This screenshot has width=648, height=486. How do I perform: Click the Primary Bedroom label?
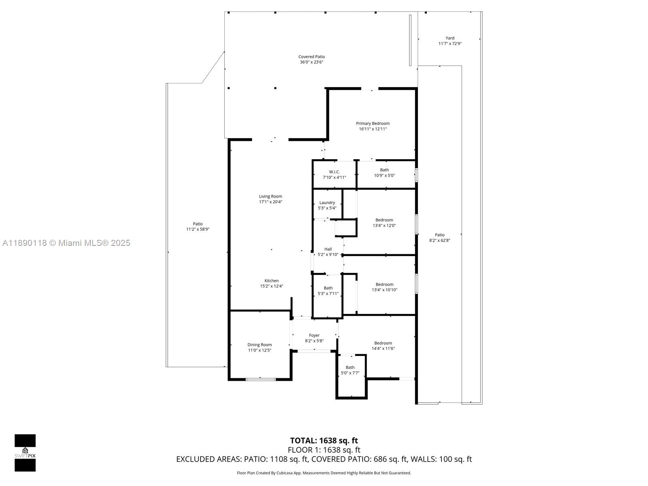pyautogui.click(x=373, y=124)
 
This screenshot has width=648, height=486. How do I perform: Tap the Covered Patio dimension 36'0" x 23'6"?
pyautogui.click(x=311, y=62)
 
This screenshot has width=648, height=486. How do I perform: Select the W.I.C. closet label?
pyautogui.click(x=334, y=172)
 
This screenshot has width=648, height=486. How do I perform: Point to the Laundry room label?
pyautogui.click(x=327, y=202)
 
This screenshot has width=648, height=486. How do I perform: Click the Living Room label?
pyautogui.click(x=271, y=196)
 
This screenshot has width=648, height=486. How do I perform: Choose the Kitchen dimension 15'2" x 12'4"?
pyautogui.click(x=271, y=286)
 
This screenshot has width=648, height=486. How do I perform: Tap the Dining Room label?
pyautogui.click(x=260, y=345)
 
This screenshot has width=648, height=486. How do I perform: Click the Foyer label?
pyautogui.click(x=314, y=335)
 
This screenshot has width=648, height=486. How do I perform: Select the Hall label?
pyautogui.click(x=328, y=249)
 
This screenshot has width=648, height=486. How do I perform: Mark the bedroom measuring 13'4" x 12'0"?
pyautogui.click(x=384, y=223)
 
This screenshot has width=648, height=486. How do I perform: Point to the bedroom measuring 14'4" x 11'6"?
pyautogui.click(x=383, y=345)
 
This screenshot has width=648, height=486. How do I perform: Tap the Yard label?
pyautogui.click(x=450, y=38)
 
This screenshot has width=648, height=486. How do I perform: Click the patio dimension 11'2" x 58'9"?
pyautogui.click(x=198, y=229)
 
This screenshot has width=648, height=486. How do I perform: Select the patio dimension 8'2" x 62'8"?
pyautogui.click(x=439, y=240)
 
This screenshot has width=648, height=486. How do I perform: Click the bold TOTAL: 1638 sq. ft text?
pyautogui.click(x=324, y=441)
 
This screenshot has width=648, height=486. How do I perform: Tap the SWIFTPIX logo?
pyautogui.click(x=25, y=453)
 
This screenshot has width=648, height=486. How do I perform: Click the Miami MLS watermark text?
pyautogui.click(x=66, y=243)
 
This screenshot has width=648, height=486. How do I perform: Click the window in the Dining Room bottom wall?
pyautogui.click(x=261, y=379)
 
